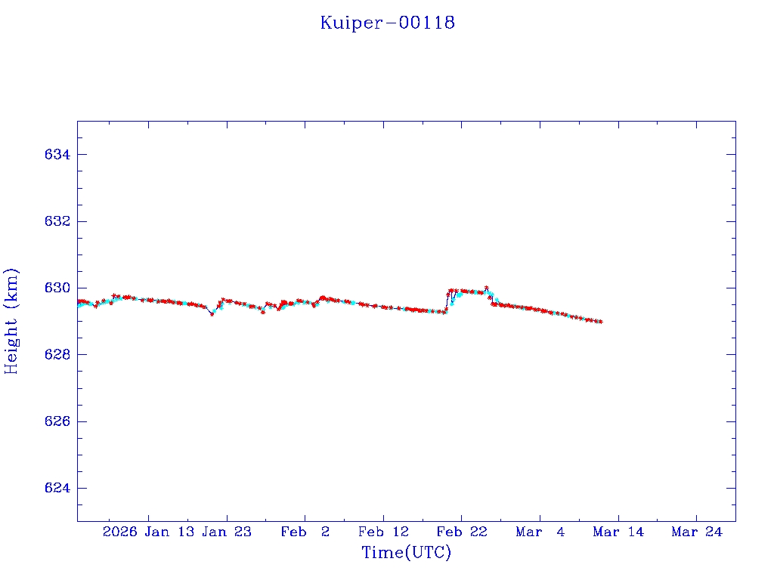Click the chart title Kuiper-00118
click(x=387, y=23)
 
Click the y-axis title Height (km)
click(x=11, y=321)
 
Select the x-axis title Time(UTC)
click(x=406, y=553)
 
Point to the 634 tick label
click(x=57, y=155)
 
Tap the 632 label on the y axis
click(x=57, y=221)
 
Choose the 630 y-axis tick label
click(x=57, y=288)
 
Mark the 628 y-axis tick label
click(x=57, y=354)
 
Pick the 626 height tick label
click(x=57, y=421)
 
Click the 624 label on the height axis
click(x=57, y=488)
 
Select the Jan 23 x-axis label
click(x=228, y=532)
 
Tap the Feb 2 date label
click(x=305, y=532)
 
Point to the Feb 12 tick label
click(x=383, y=532)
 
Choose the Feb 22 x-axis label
click(x=462, y=532)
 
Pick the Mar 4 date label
click(x=540, y=532)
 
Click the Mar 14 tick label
click(x=618, y=532)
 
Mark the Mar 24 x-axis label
click(x=696, y=532)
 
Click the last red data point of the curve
click(x=600, y=322)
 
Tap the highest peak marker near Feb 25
click(x=486, y=288)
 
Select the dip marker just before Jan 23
click(x=212, y=313)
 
